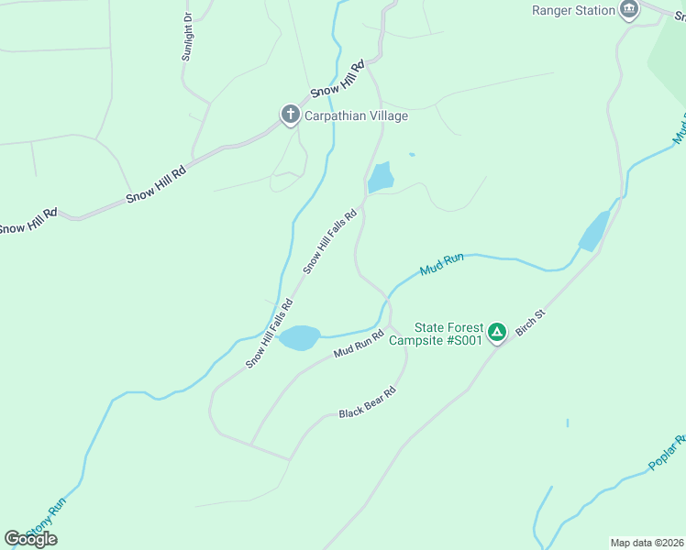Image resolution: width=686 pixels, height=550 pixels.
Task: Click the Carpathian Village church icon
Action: tap(290, 115)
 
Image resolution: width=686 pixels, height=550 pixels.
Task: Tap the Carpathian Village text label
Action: tap(356, 116)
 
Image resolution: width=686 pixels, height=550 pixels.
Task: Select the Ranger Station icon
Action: tap(628, 10)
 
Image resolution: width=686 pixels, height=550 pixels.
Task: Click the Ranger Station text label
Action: tap(573, 10)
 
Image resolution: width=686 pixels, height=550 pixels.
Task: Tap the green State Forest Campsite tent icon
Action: tap(497, 332)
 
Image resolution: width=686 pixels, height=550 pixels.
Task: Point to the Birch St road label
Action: tap(530, 322)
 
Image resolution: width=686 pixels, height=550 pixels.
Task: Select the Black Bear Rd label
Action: tap(367, 401)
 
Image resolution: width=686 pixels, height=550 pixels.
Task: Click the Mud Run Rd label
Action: tap(358, 346)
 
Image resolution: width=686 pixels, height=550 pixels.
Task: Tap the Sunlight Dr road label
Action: tap(188, 37)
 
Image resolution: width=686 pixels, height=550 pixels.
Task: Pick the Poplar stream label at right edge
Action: tap(667, 453)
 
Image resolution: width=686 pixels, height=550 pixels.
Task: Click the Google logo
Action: tap(30, 539)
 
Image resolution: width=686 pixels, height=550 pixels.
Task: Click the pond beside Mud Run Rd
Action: tap(299, 337)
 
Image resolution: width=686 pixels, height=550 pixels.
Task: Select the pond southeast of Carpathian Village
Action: tap(381, 178)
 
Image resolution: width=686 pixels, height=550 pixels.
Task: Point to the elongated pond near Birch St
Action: tap(593, 232)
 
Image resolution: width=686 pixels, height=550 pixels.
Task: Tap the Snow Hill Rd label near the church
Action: tap(337, 79)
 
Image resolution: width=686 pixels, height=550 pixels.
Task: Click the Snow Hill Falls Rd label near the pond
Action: tap(328, 241)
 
